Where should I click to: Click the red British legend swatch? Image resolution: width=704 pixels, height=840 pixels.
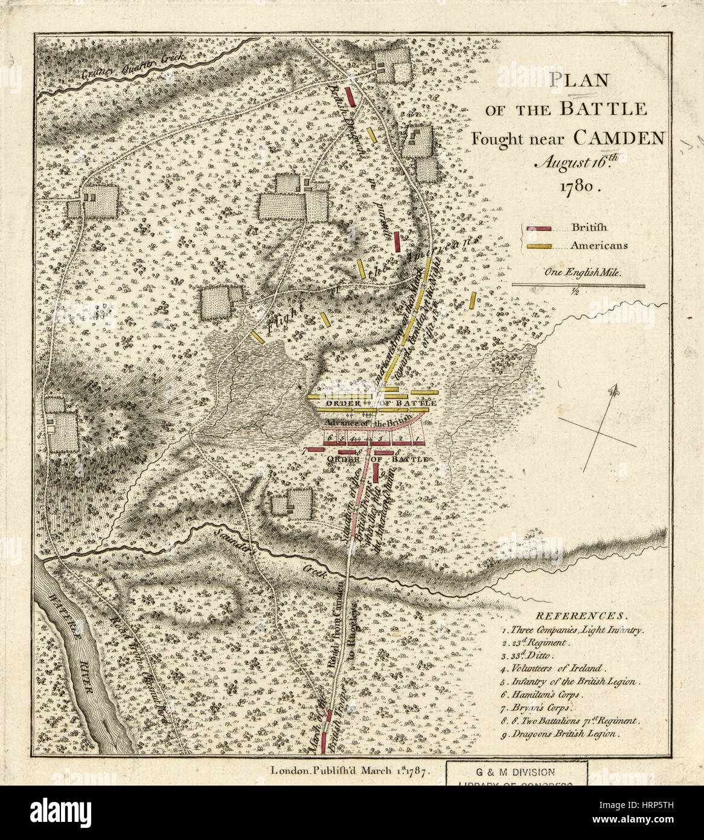539,228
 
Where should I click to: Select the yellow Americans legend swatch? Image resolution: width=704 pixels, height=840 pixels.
539,246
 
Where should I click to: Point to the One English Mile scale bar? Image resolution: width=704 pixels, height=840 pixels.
578,285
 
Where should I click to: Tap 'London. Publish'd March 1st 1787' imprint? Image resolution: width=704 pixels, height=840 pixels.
350,771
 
